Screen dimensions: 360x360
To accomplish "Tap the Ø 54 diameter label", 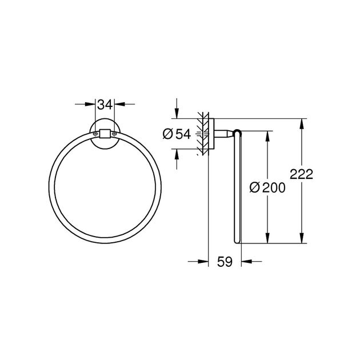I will (x=176, y=134).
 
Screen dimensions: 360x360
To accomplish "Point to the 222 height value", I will (x=302, y=175).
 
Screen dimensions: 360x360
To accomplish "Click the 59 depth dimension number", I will (x=224, y=262).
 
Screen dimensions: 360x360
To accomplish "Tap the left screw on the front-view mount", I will (x=94, y=135).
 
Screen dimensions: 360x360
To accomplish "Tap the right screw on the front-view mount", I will (x=115, y=135).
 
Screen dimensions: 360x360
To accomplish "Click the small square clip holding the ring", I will (x=105, y=135).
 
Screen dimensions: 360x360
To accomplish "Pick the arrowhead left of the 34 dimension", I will (x=90, y=105).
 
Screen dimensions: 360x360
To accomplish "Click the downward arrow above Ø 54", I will (x=177, y=115).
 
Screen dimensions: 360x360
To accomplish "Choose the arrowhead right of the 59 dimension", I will (x=246, y=262).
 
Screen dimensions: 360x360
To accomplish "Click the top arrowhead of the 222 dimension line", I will (x=302, y=123).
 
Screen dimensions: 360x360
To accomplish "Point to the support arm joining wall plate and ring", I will (x=225, y=134).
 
